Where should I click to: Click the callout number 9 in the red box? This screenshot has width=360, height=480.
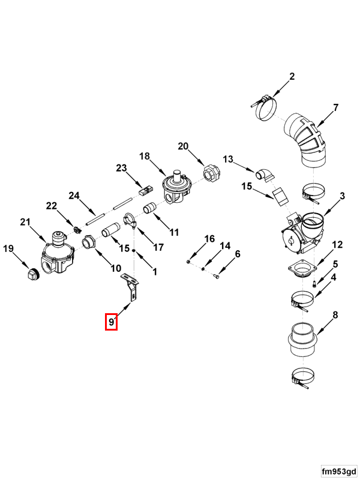click(111, 322)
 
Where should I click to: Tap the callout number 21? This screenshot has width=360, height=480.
click(25, 221)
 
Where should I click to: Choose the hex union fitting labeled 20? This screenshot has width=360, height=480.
click(211, 173)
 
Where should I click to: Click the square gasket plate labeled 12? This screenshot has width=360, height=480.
click(302, 268)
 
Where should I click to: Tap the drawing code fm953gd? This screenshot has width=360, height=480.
click(338, 471)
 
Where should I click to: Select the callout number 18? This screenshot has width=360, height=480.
click(145, 156)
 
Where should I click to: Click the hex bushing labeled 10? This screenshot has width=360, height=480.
click(89, 242)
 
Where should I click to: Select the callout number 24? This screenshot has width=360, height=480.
click(74, 196)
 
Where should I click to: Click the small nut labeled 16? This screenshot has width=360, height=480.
click(188, 262)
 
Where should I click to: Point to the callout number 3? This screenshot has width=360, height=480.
click(342, 196)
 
